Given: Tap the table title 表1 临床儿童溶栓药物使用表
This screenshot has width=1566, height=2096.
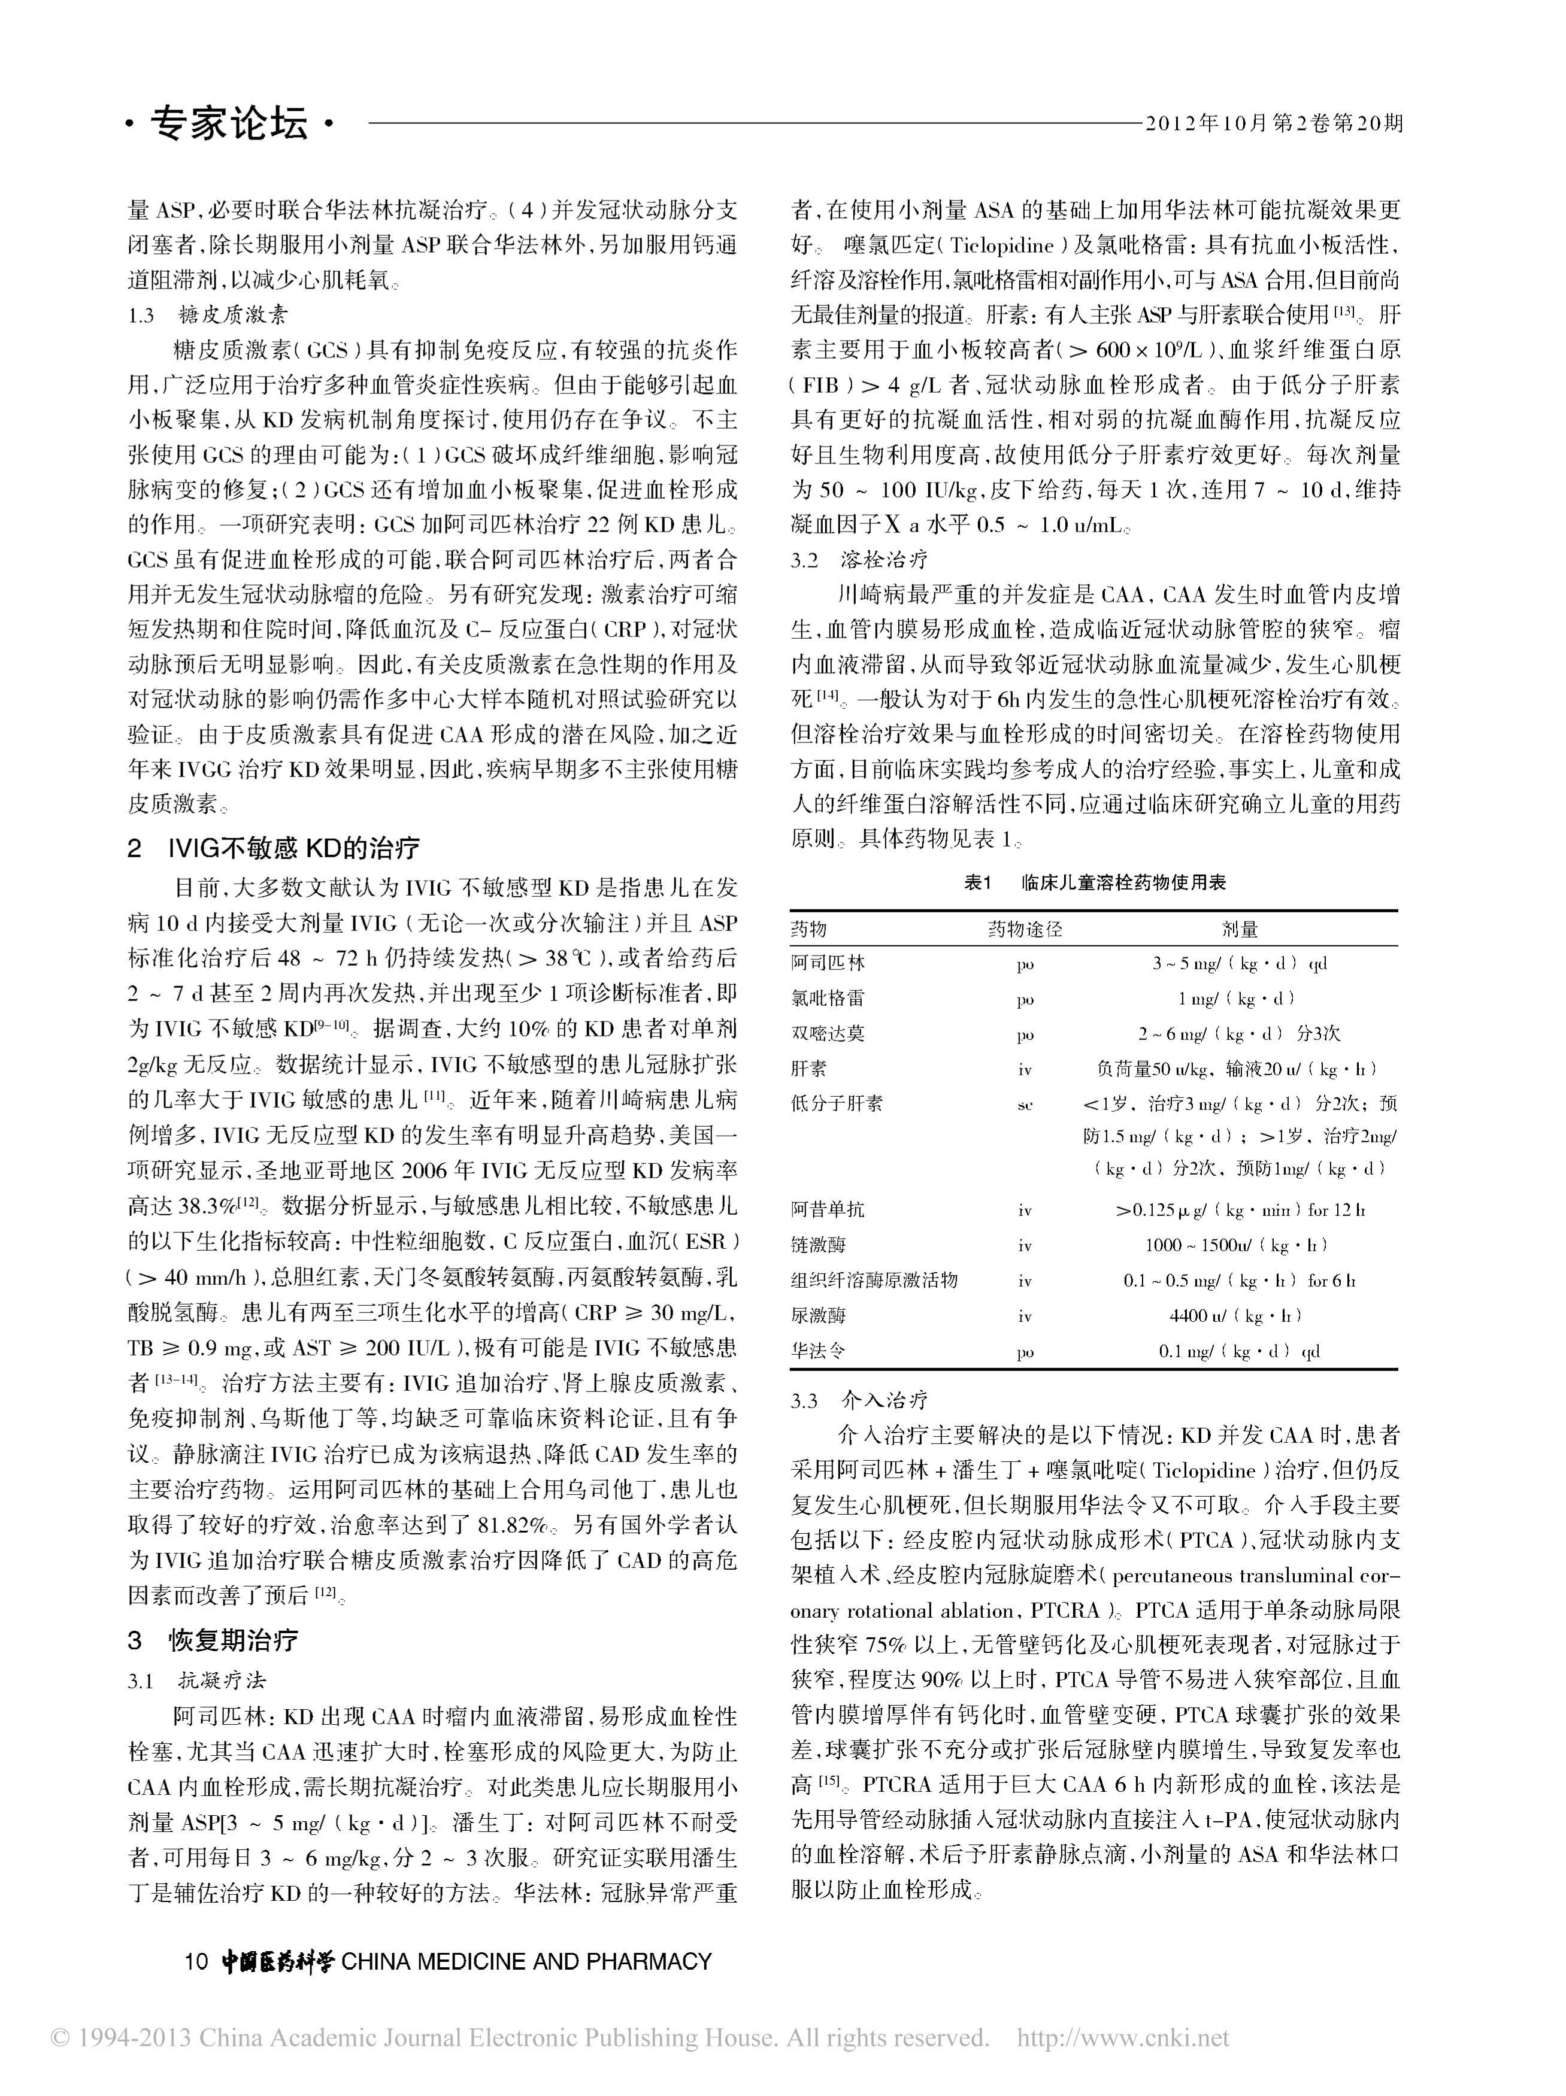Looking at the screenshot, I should [x=1094, y=882].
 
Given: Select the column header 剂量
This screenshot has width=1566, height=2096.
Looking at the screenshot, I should [x=1239, y=930].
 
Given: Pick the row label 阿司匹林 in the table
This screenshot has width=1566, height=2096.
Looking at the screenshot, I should [x=828, y=964].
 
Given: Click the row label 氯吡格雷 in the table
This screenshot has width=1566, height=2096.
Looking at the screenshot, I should [x=828, y=999].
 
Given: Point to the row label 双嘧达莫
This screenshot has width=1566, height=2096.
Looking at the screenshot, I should [x=828, y=1034].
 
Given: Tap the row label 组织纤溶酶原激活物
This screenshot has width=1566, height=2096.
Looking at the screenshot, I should [x=874, y=1280].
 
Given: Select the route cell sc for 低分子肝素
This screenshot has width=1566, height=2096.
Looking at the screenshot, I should [x=1025, y=1105].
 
